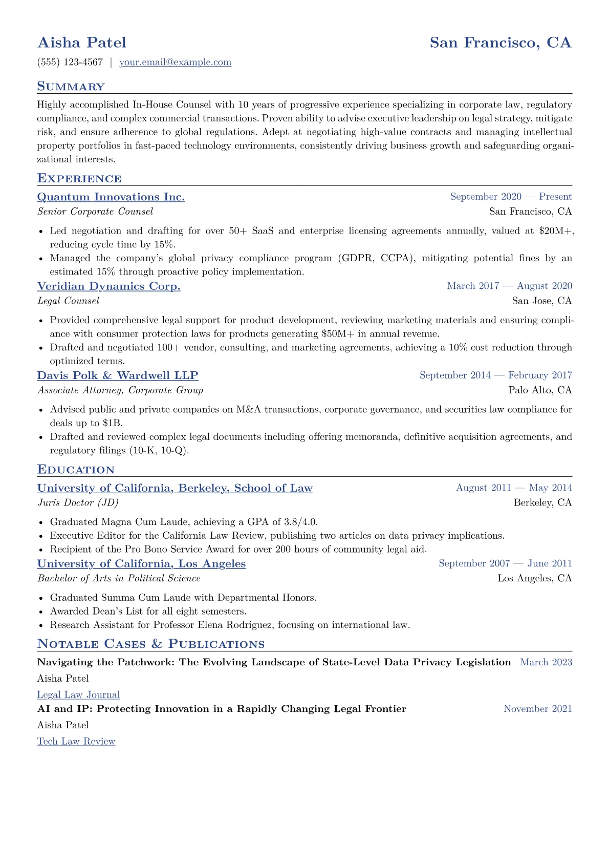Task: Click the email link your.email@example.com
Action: [175, 62]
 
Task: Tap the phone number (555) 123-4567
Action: [70, 62]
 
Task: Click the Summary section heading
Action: [71, 87]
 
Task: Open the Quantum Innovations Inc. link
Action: [111, 197]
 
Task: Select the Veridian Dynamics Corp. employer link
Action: [108, 286]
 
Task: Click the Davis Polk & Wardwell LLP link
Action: [117, 375]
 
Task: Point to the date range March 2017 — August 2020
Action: [509, 286]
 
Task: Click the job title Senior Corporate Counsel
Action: [95, 212]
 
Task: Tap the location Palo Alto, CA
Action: [540, 390]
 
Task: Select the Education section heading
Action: [76, 470]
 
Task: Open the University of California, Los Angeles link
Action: [141, 564]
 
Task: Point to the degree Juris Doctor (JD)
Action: [78, 502]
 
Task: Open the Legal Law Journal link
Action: [78, 695]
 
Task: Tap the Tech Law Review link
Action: [76, 742]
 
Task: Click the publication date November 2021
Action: [537, 709]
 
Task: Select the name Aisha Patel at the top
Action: [82, 43]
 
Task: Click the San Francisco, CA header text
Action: [500, 43]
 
